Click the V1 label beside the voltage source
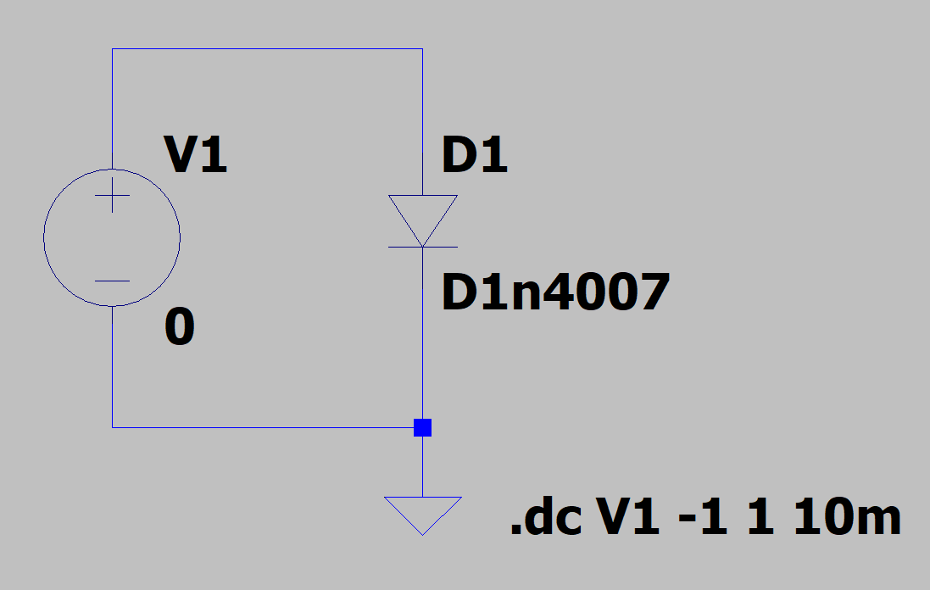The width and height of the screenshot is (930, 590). click(196, 156)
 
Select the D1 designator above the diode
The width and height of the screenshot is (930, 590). click(475, 156)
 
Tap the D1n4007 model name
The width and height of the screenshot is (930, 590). click(555, 292)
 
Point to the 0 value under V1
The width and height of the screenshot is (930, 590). click(180, 328)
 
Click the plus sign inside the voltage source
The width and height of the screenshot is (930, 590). click(112, 200)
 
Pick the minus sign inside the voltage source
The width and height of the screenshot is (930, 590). click(112, 281)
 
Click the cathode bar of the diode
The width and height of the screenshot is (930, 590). click(422, 247)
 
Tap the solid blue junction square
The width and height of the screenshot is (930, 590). click(422, 427)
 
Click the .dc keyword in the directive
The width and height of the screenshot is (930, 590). click(545, 518)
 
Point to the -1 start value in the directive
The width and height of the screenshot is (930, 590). click(703, 518)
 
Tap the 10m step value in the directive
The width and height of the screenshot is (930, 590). click(847, 518)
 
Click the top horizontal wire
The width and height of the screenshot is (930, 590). click(267, 49)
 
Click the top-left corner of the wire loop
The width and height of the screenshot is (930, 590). click(112, 49)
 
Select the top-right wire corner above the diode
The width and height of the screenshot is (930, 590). click(422, 49)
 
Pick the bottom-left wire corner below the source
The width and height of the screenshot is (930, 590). click(112, 427)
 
